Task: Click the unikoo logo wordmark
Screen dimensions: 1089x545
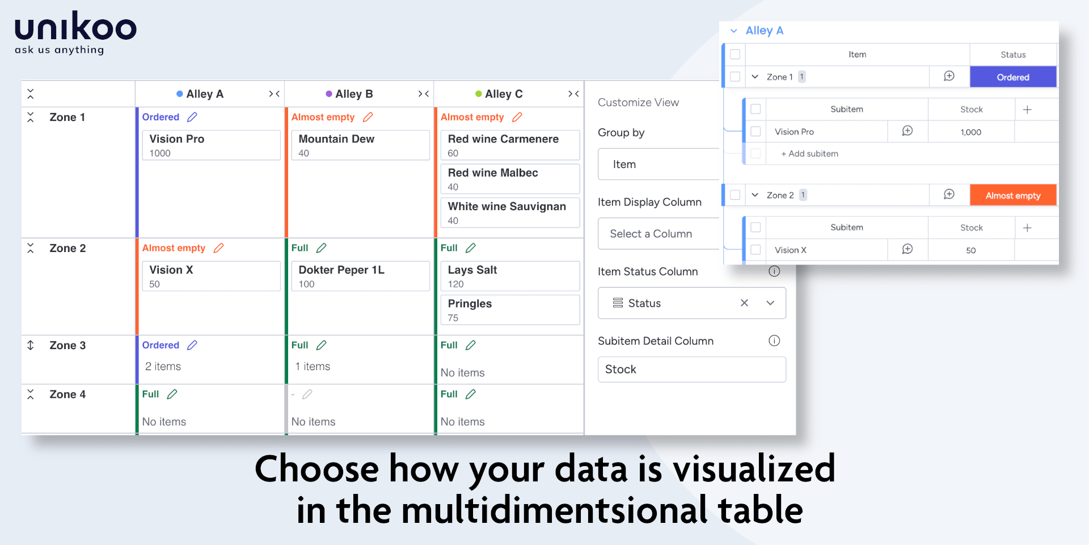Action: pos(75,27)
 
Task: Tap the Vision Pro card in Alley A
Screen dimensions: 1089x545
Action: pos(211,145)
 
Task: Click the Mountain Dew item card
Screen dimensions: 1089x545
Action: pos(360,145)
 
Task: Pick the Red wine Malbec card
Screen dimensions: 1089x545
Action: pos(510,179)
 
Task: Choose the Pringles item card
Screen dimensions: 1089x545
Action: pos(510,310)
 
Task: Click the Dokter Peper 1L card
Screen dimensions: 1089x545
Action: pos(360,276)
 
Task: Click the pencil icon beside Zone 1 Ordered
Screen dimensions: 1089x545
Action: pos(192,117)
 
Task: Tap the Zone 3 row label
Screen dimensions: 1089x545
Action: pos(67,345)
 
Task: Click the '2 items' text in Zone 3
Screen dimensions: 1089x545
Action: pos(163,367)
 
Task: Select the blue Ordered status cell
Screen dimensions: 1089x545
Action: pos(1013,77)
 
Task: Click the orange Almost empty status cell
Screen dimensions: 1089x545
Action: pos(1013,195)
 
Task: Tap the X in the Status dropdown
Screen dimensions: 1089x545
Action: pos(744,303)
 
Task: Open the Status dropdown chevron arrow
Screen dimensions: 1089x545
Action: pos(770,303)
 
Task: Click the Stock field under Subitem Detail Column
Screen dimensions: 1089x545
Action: pos(692,370)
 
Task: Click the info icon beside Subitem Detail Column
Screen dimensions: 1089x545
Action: pos(774,341)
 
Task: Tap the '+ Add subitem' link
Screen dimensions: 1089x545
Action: pos(809,154)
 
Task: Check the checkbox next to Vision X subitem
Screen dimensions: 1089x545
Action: pos(755,250)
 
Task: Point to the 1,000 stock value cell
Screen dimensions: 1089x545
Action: pos(971,132)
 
